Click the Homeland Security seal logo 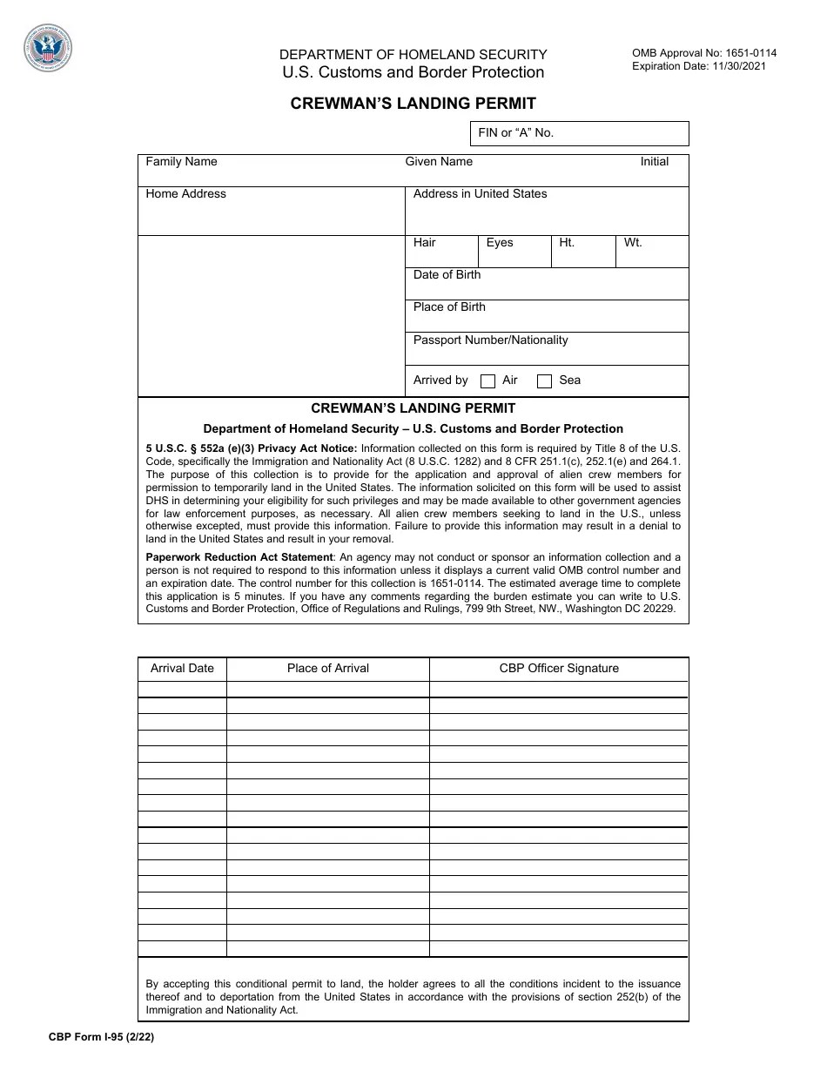[49, 49]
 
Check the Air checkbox [488, 381]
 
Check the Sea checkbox [545, 381]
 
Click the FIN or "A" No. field [579, 133]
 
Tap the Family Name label [181, 162]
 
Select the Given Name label [439, 162]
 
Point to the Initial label [655, 162]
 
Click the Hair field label [425, 243]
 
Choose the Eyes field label [500, 243]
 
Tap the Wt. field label [633, 243]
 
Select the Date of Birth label [447, 275]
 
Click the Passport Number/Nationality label [490, 340]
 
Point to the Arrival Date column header [182, 669]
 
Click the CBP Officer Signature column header [559, 669]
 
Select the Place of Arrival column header [328, 669]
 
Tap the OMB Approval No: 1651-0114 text [704, 53]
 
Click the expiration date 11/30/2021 [738, 66]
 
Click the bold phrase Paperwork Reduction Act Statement [239, 557]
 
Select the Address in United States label [480, 194]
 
